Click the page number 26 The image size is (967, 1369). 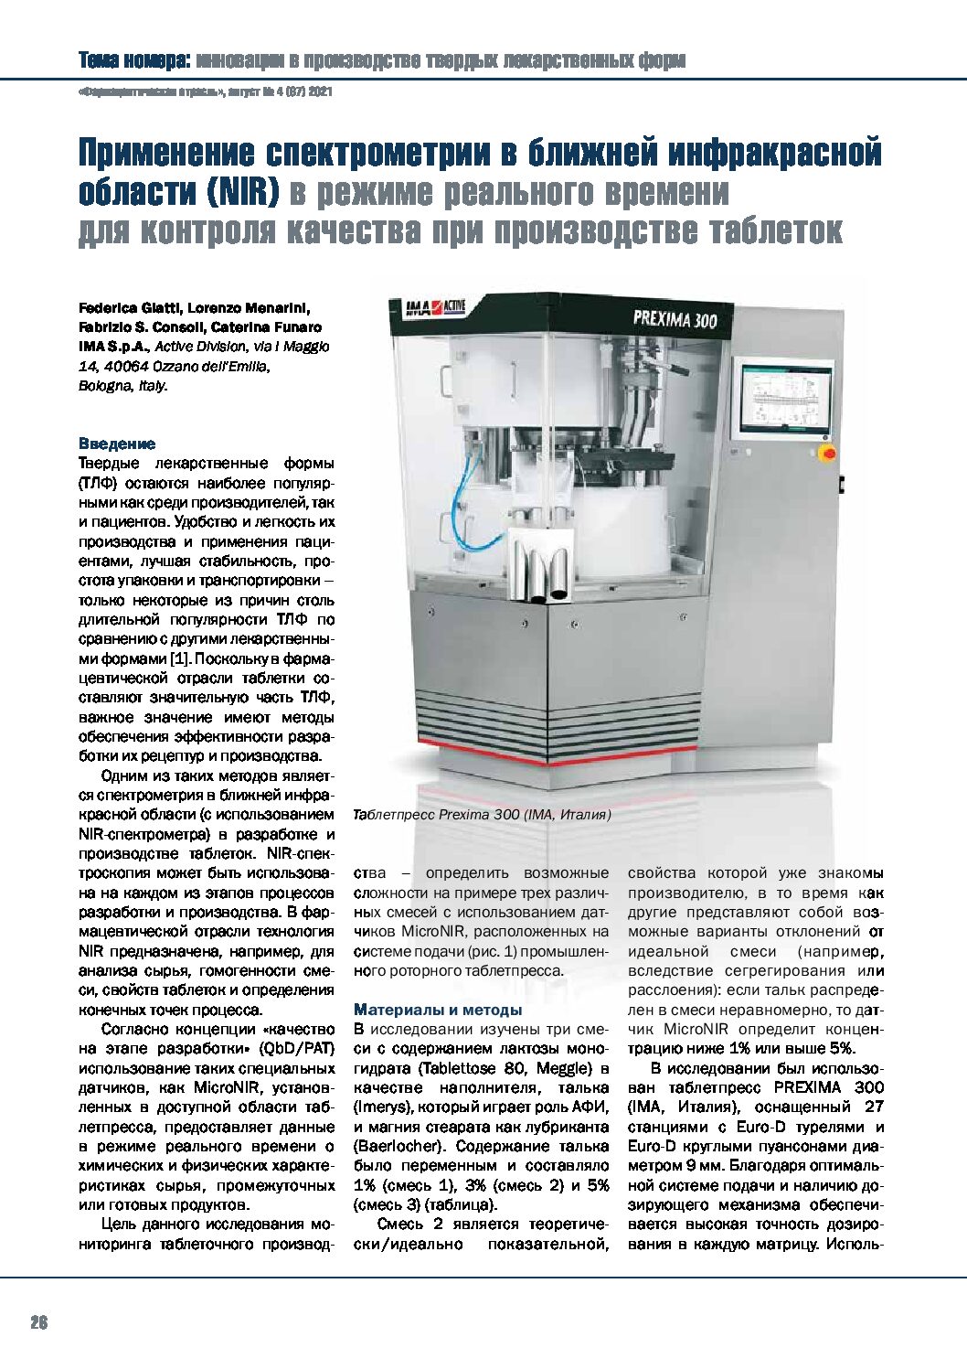point(38,1322)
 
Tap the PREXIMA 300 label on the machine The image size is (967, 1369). point(675,319)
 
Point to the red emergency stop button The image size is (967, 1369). point(829,453)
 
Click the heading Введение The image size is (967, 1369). point(117,444)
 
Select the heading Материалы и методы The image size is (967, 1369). point(438,1010)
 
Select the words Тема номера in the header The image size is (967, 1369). point(133,61)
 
